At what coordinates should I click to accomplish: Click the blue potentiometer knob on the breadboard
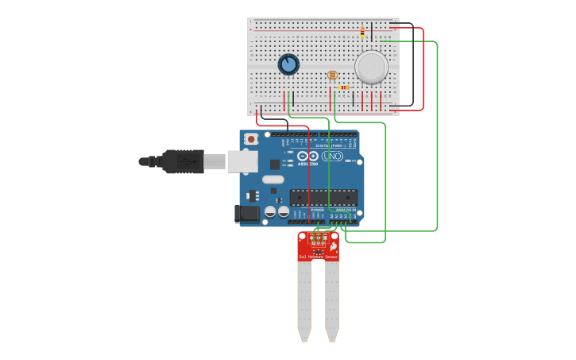coord(288,64)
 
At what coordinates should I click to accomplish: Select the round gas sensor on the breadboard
coord(371,67)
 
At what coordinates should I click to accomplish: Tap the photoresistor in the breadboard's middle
coord(332,75)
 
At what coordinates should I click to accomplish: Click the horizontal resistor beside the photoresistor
coord(344,87)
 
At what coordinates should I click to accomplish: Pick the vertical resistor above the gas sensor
coord(362,32)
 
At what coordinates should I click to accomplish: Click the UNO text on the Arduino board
coord(333,156)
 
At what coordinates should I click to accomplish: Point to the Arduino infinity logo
coord(307,157)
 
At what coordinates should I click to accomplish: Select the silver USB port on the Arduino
coord(242,161)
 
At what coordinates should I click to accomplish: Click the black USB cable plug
coord(183,161)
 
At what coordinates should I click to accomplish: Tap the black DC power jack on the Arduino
coord(246,213)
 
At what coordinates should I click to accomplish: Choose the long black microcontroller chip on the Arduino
coord(323,198)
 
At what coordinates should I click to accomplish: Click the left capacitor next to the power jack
coord(270,212)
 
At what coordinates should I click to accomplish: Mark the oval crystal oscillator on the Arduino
coord(273,179)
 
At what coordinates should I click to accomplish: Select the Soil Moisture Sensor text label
coord(318,257)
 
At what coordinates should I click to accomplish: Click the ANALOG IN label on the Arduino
coord(343,210)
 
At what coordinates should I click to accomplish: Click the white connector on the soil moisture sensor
coord(318,238)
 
